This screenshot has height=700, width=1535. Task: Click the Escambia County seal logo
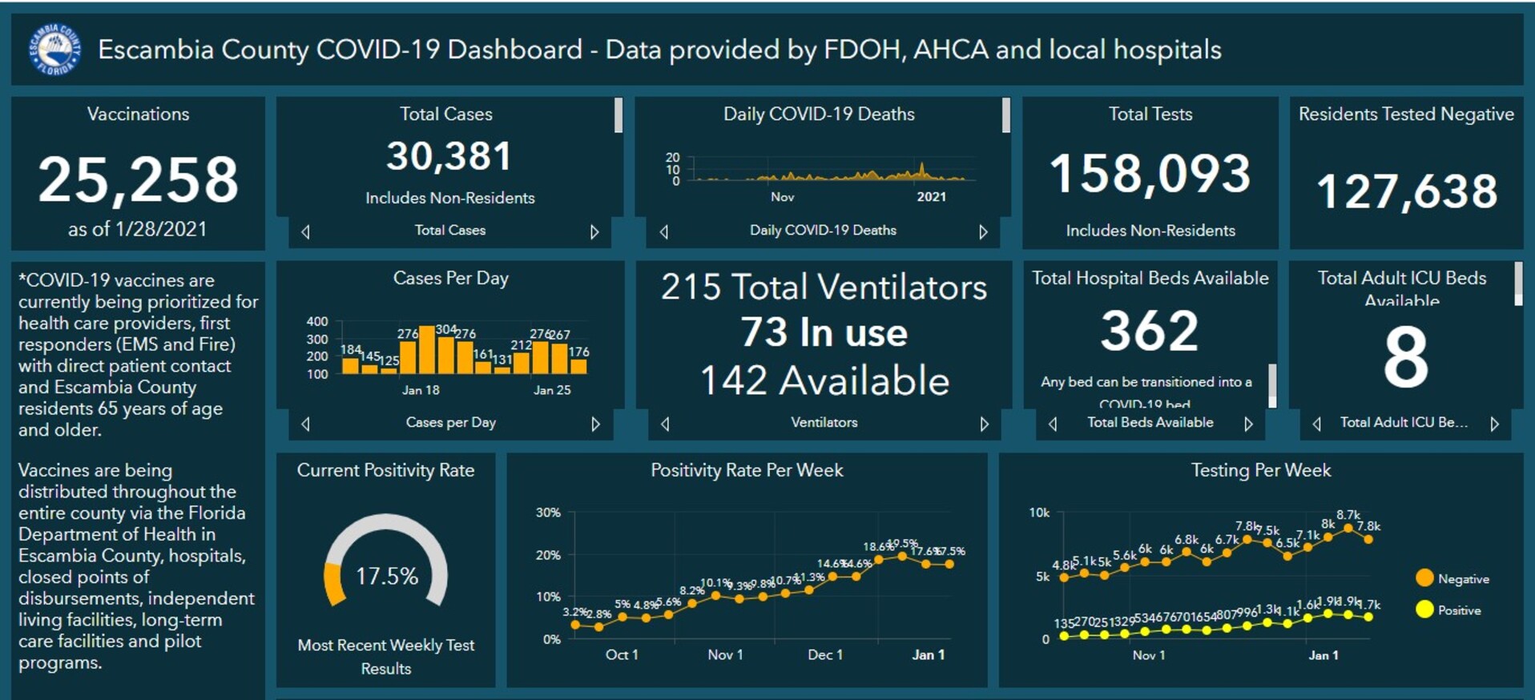tap(55, 50)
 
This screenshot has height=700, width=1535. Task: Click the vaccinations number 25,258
tap(138, 179)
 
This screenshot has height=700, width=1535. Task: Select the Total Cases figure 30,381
tap(449, 156)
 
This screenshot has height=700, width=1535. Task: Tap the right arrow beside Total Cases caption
tap(594, 231)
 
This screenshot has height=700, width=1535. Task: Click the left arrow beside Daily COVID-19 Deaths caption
tap(664, 231)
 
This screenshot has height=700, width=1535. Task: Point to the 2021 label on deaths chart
tap(931, 197)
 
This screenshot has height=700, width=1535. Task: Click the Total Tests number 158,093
tap(1150, 174)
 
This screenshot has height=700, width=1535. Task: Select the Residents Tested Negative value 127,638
tap(1406, 192)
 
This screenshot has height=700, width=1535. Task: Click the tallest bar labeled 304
tap(428, 350)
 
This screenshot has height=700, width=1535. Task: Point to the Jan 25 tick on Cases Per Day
tap(552, 390)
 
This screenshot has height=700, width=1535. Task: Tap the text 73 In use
tap(824, 332)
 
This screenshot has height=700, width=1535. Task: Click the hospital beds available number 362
tap(1150, 331)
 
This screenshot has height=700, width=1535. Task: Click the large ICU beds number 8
tap(1406, 357)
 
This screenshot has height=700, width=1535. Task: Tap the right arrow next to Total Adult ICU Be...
tap(1494, 424)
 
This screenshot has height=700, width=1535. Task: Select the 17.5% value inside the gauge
tap(386, 576)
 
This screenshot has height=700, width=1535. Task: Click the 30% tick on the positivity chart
tap(548, 513)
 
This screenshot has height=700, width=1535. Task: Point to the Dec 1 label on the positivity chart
tap(825, 654)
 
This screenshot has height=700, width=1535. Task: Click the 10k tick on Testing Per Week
tap(1039, 513)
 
